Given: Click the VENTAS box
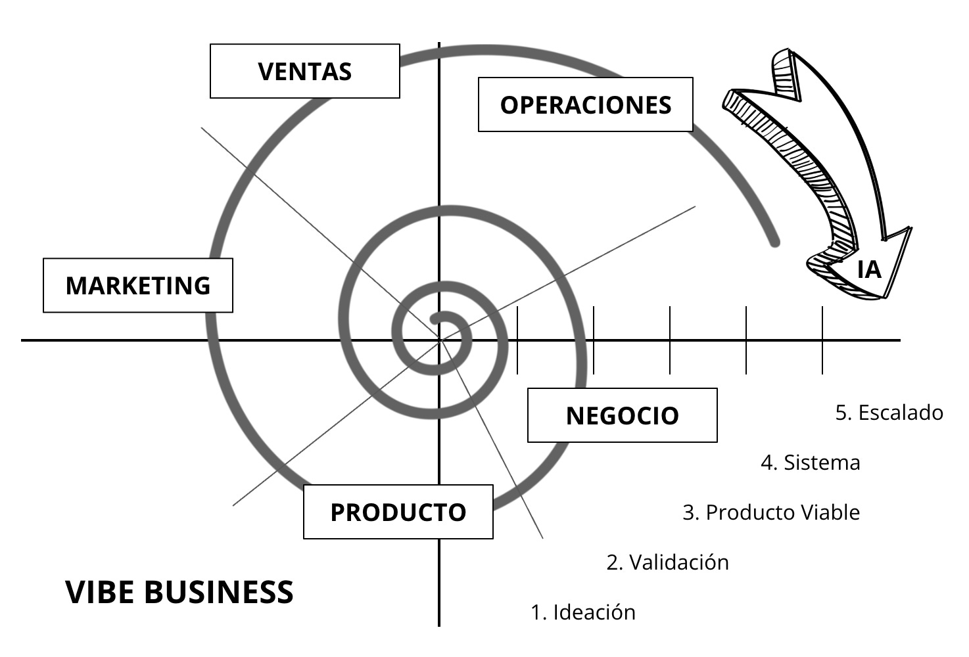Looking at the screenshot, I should pos(305,71).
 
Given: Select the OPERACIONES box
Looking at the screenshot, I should pos(585,104).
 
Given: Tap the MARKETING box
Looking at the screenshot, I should pos(138,285).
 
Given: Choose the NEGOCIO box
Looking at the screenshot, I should pos(622,415).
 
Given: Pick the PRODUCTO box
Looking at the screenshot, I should pos(398,512).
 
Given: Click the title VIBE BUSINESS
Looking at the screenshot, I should pos(179,592).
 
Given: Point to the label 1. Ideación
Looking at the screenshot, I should pos(583,612).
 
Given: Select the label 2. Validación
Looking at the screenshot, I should pos(667,562).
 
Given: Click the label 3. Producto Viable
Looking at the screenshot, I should pos(771,512).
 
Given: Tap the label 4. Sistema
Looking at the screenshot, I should pos(810,463).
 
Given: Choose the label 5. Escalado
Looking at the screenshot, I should pos(889,413).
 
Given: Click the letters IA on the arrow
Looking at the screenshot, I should pos(869,269).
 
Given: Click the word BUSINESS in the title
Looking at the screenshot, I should pos(218,592).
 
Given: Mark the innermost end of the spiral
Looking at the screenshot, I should pos(435,320).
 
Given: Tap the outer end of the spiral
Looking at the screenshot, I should pos(775,242).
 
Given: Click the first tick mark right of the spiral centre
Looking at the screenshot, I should pos(517,340).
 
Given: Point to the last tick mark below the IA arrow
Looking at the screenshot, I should pos(822,340).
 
